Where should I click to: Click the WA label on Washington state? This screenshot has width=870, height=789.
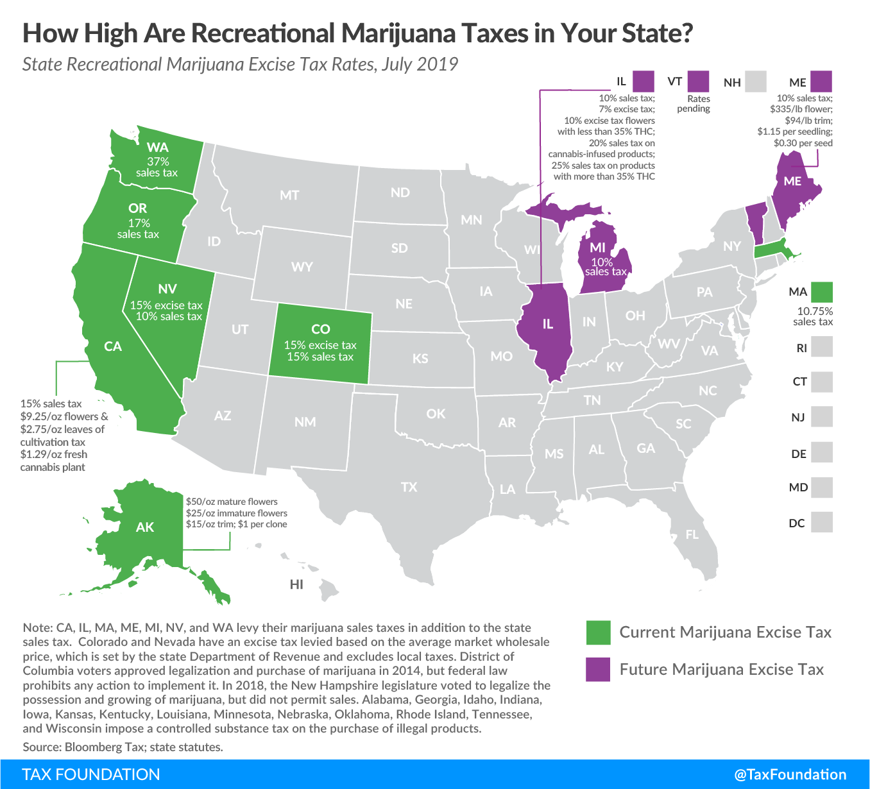(x=157, y=148)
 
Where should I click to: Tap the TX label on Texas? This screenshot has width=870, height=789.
(x=409, y=487)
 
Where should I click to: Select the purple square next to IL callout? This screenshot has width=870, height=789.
(x=643, y=81)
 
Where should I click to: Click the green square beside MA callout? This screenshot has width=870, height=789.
(x=821, y=292)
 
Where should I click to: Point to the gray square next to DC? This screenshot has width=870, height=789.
(x=821, y=522)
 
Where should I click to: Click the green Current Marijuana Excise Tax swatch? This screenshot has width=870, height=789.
(x=598, y=632)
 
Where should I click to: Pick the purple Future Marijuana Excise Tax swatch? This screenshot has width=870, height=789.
(x=598, y=670)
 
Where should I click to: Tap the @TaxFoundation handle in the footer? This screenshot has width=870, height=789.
(x=790, y=774)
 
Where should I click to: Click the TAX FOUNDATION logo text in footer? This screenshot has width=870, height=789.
(x=91, y=774)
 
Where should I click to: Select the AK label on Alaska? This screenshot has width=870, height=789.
(x=145, y=527)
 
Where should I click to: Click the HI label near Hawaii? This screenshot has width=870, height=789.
(x=296, y=584)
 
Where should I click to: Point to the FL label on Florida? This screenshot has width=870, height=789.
(x=692, y=534)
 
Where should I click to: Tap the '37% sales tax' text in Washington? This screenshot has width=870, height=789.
(x=157, y=167)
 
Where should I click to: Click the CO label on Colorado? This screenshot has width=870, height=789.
(x=320, y=329)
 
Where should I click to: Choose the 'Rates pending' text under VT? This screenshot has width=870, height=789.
(x=694, y=104)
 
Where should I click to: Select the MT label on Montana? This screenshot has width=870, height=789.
(x=289, y=195)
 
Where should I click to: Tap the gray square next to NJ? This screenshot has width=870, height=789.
(x=821, y=417)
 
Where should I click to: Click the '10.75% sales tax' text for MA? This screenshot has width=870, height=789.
(x=814, y=316)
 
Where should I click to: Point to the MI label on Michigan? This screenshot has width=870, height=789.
(x=597, y=248)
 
